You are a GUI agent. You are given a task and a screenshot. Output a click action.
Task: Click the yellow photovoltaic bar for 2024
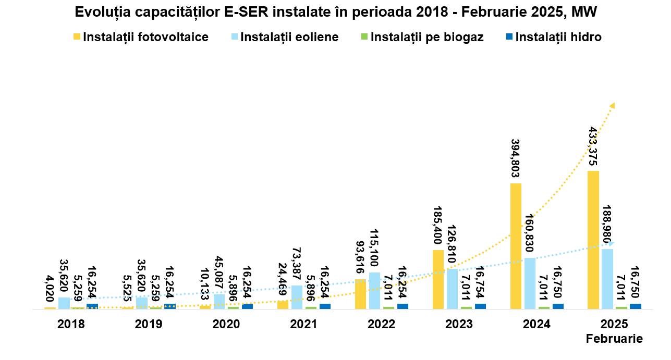516,246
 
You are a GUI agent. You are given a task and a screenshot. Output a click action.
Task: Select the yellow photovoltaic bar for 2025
593,240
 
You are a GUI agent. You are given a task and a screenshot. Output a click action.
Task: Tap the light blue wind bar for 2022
374,290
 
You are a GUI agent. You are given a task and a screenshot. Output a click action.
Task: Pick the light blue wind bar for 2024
530,283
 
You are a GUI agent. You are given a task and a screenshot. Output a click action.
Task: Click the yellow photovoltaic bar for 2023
438,279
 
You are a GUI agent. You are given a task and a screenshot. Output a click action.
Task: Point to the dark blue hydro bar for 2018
92,306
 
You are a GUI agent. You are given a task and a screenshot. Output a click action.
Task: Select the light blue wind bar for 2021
297,297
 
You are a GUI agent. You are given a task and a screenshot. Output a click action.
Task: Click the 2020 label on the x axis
226,324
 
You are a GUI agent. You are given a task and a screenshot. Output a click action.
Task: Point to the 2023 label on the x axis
459,324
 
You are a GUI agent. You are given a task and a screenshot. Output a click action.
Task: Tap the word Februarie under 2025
615,339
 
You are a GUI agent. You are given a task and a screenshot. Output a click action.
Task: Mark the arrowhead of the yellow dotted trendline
613,106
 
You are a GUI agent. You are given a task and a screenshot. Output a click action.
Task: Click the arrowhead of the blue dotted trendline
612,243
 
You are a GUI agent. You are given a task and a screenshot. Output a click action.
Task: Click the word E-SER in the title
242,12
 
